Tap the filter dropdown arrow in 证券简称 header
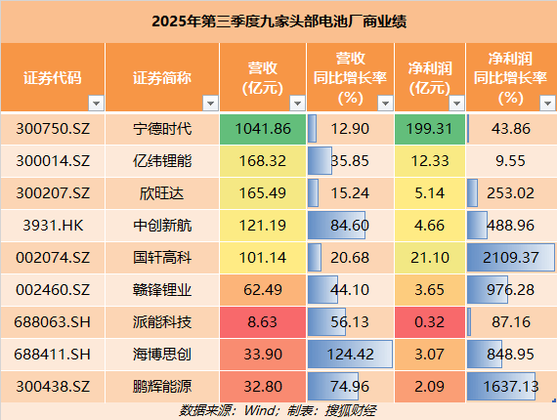click(x=209, y=102)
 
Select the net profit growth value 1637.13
click(x=510, y=385)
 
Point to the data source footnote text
click(x=278, y=409)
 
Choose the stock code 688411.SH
click(x=55, y=354)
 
